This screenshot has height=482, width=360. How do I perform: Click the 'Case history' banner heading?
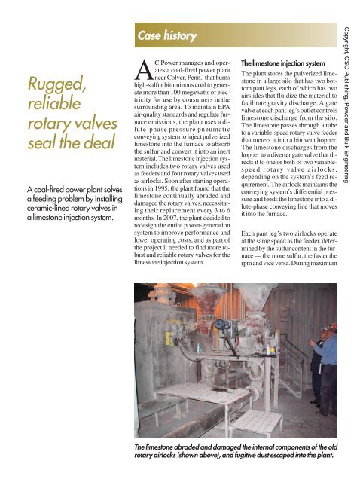(x=166, y=35)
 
